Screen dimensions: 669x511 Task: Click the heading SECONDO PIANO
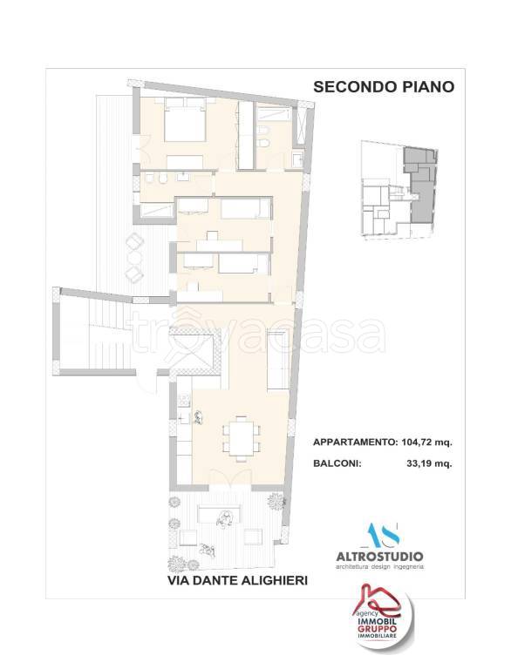point(383,87)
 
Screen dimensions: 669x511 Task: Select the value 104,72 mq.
point(430,443)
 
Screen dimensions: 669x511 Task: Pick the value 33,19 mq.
point(430,464)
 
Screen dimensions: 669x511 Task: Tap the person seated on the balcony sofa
point(225,520)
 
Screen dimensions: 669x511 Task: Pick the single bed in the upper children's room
point(245,209)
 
